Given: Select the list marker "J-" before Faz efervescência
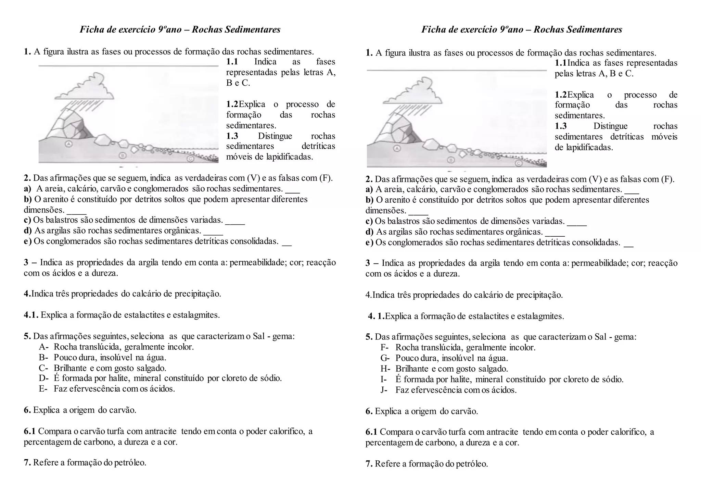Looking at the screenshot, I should pos(384,390).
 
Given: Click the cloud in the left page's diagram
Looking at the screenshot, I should pos(85,87).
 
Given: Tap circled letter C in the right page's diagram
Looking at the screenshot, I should pos(519,163).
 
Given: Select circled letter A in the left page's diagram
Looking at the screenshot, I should pos(68,144).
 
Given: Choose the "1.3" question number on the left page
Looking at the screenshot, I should pos(232,136).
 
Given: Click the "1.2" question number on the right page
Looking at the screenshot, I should pos(561,95).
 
